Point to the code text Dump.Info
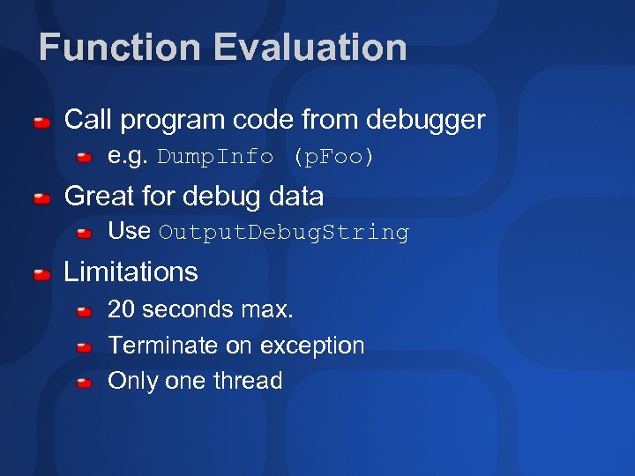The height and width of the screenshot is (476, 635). click(216, 158)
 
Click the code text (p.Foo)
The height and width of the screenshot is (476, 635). click(334, 158)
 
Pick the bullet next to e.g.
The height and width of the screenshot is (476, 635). click(85, 159)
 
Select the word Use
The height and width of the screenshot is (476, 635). click(129, 231)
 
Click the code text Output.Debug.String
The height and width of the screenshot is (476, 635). click(284, 234)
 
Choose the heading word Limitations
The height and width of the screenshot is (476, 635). click(131, 271)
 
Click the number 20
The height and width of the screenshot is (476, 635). click(121, 309)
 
